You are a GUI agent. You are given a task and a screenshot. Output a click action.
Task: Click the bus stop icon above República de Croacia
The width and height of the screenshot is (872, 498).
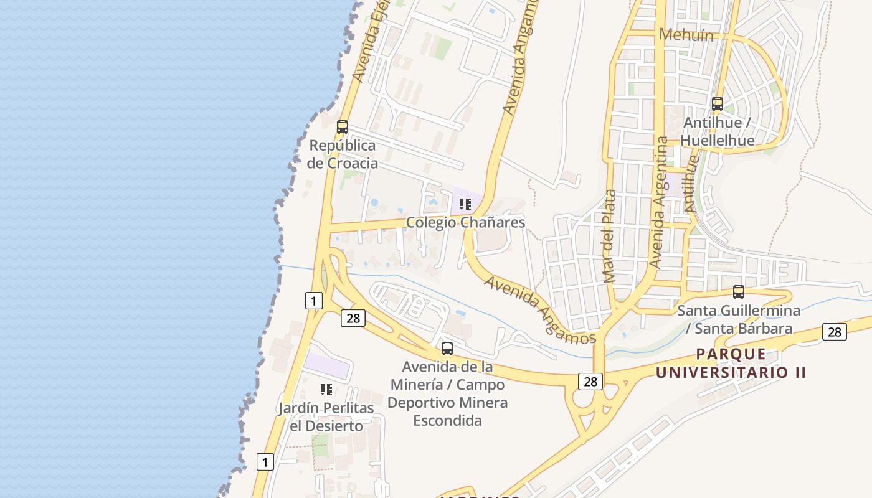[x=342, y=127]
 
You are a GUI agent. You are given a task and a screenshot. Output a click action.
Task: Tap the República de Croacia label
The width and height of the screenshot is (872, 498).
[x=343, y=154]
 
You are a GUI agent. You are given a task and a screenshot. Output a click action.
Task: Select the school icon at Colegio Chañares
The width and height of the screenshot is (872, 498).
[x=465, y=204]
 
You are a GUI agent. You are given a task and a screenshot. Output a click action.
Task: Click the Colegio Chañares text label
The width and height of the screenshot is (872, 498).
[x=465, y=222]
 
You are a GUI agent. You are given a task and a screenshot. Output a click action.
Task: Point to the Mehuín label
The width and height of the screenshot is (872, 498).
[x=686, y=35]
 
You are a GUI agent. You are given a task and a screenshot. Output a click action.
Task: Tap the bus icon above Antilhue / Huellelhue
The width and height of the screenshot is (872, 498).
[x=718, y=104]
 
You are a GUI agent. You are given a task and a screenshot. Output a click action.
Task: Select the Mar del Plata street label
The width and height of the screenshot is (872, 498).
[x=610, y=236]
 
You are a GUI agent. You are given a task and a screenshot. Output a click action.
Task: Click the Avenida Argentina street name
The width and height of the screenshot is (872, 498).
[x=658, y=202]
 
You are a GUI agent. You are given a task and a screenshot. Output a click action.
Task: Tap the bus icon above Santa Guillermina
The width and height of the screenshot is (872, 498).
[x=739, y=291]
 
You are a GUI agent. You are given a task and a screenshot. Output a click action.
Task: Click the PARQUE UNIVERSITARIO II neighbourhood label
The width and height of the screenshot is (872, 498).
[x=731, y=364]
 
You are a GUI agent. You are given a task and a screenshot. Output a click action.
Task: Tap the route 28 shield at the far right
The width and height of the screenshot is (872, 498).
[x=834, y=332]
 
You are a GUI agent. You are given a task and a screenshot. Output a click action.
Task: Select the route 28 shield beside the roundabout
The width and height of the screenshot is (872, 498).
[x=590, y=381]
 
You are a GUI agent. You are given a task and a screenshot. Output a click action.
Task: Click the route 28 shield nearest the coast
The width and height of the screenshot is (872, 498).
[x=353, y=318]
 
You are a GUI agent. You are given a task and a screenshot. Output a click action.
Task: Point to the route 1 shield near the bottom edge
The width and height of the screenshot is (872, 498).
[x=265, y=462]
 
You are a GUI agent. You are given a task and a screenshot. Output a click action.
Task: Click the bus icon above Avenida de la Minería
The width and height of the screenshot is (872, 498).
[x=447, y=348]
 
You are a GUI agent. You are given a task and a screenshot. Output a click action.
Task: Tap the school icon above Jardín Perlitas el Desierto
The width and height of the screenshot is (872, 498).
[x=326, y=390]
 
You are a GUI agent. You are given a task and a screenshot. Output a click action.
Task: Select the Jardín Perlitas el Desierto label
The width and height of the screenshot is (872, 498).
[x=326, y=417]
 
